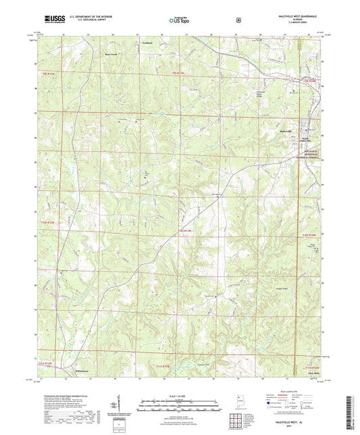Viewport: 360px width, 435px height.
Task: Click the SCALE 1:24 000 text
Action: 179,395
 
